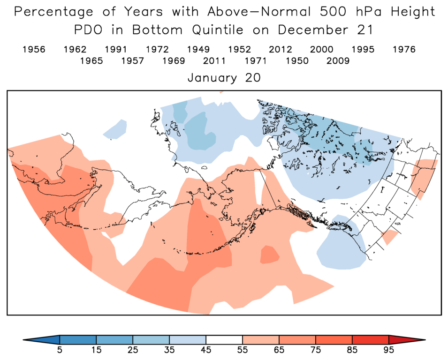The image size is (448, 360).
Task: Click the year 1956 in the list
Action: tap(34, 50)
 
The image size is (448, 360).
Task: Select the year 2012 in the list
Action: tap(281, 50)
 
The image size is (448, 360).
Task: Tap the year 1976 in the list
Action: tap(404, 50)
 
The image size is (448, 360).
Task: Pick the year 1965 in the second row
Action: tap(91, 61)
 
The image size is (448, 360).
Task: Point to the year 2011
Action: tap(215, 61)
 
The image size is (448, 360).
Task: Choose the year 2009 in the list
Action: tap(338, 61)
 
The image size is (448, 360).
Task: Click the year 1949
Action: tap(198, 50)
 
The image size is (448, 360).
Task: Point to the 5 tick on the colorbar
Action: tap(60, 349)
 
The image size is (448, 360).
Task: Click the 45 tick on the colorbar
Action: tap(206, 349)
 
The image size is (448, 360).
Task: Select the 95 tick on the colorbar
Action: tap(389, 349)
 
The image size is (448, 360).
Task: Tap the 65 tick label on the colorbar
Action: tap(279, 349)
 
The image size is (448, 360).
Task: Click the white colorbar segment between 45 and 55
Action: tap(224, 339)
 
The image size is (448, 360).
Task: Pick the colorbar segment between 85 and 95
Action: tap(371, 339)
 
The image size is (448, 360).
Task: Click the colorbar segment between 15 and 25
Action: tap(114, 339)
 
